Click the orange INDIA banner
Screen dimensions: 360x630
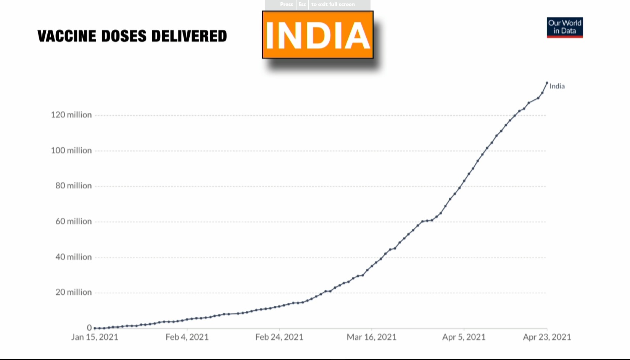(x=317, y=35)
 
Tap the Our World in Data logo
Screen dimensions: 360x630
(x=564, y=27)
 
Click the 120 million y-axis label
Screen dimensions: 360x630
(x=71, y=115)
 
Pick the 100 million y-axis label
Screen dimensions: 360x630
(x=71, y=150)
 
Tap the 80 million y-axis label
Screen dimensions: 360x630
(x=74, y=186)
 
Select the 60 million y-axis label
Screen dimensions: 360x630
(x=74, y=221)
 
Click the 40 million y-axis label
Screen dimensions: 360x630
(x=74, y=257)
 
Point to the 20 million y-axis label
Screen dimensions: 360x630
(x=74, y=292)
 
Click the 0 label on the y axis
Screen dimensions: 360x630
(x=89, y=328)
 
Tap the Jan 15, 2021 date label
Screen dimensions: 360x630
(x=95, y=337)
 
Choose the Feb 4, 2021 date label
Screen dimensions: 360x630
(x=187, y=337)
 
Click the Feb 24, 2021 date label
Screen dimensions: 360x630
(x=279, y=337)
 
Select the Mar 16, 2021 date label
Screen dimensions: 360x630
(x=372, y=337)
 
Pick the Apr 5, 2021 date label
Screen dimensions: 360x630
(x=464, y=337)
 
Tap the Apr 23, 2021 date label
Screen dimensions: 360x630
(x=547, y=337)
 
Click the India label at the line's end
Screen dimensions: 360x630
(x=557, y=86)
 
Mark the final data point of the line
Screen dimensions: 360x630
(x=547, y=82)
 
